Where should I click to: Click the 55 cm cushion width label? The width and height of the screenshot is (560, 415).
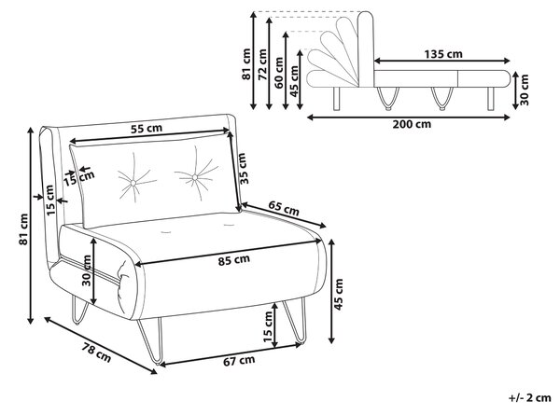(147, 128)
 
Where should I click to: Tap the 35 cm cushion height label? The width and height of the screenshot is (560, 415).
(243, 169)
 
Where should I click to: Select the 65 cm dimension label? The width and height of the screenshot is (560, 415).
(284, 208)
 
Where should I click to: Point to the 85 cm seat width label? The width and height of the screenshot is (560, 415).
(234, 260)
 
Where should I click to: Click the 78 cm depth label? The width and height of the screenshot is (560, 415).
(97, 353)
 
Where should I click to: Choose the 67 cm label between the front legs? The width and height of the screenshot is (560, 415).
(239, 361)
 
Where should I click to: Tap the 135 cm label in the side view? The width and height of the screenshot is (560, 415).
(443, 54)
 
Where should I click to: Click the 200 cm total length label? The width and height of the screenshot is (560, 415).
(412, 124)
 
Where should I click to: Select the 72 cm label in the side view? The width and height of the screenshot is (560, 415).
(262, 64)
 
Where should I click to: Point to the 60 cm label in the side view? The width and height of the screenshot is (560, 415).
(279, 73)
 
